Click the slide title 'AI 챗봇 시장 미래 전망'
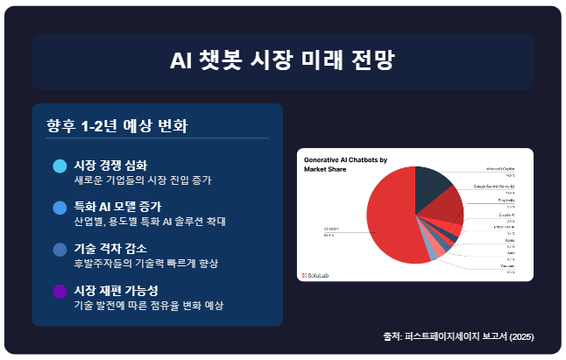coord(282,60)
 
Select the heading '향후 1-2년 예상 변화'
coord(117,125)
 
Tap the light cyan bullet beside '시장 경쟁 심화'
coord(60,166)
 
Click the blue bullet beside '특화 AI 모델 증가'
coord(60,208)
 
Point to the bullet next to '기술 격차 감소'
coord(60,250)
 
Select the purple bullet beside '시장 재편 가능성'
coord(60,292)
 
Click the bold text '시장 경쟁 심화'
coord(110,165)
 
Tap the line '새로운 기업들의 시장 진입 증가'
coord(143,180)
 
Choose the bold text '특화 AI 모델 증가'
coord(117,206)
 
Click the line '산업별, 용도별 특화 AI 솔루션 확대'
coord(150,222)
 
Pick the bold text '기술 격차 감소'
coord(110,248)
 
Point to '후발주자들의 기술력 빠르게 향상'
coord(145,264)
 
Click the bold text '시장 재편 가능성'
coord(116,290)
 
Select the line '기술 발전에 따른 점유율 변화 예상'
coord(149,306)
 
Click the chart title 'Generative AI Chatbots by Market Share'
coord(344,166)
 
